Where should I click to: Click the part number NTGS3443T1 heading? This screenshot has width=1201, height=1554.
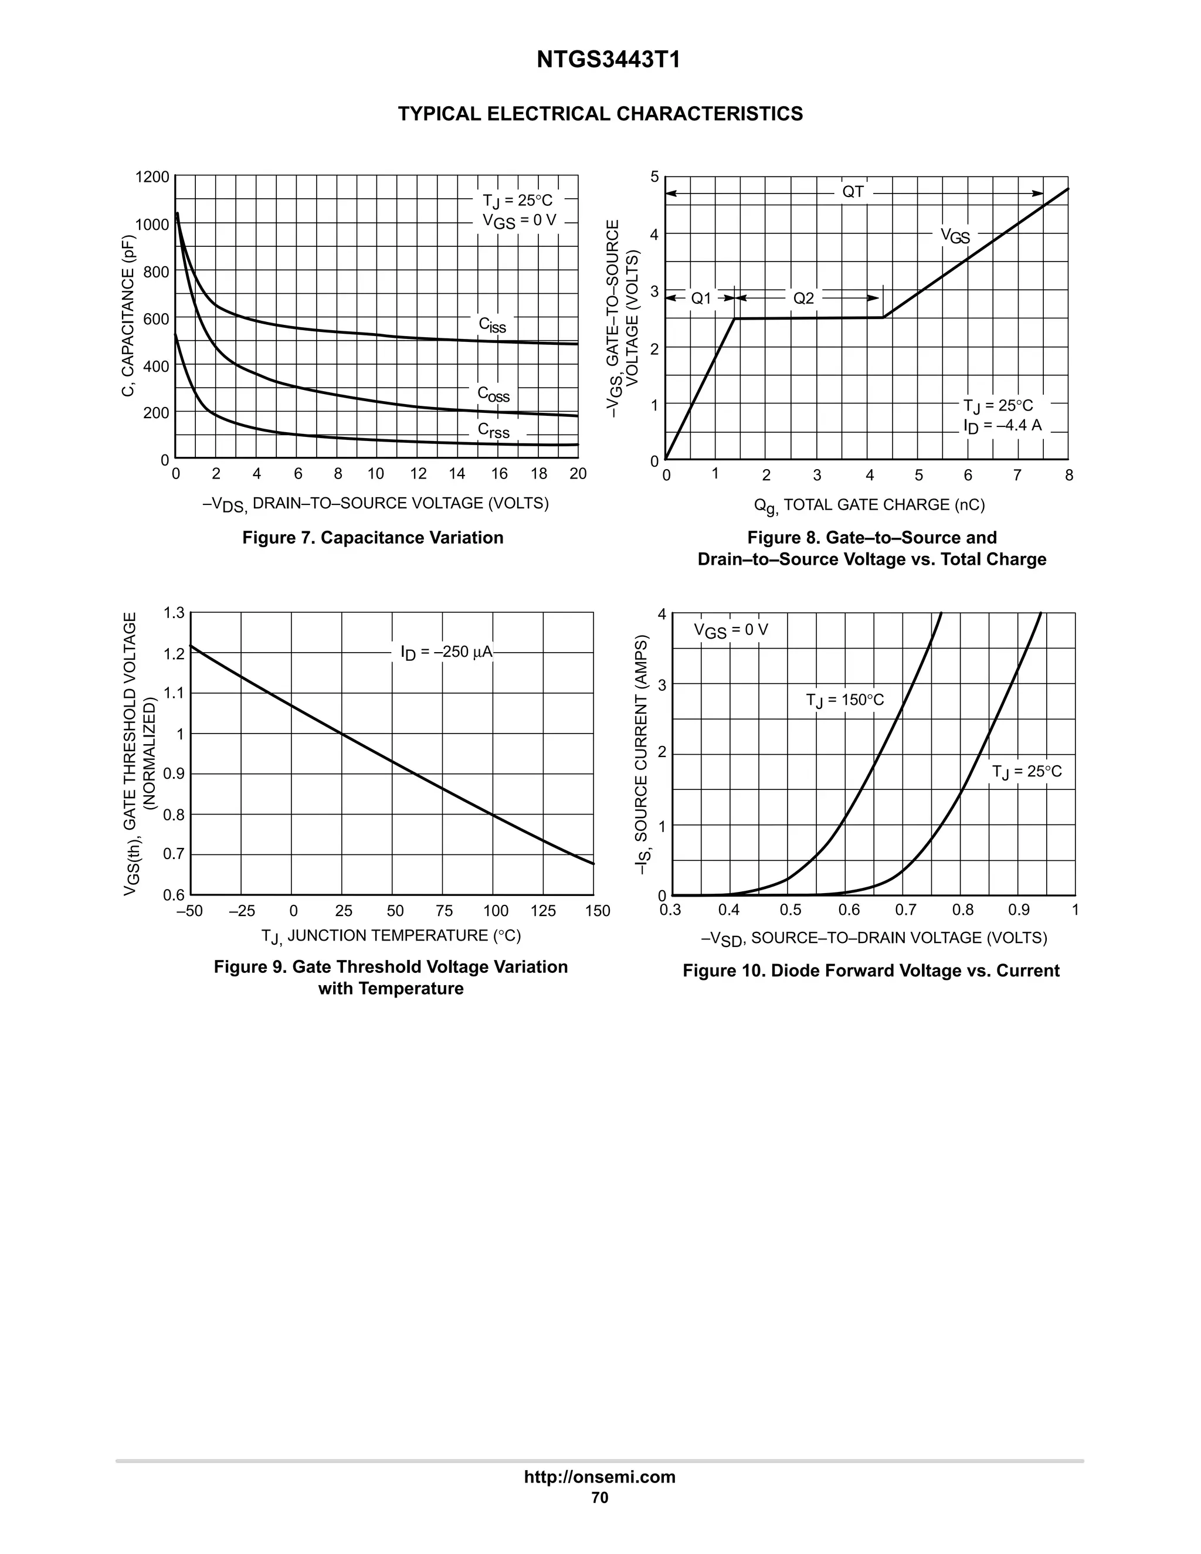608,60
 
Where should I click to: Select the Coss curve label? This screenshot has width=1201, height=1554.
493,394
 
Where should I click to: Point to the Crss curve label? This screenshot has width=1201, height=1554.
493,430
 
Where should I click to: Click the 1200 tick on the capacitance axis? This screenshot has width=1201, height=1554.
152,177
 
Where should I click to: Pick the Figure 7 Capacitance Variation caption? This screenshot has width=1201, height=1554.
372,538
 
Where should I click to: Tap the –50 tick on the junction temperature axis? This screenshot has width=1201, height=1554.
189,911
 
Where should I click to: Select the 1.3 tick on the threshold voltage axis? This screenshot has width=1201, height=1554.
174,613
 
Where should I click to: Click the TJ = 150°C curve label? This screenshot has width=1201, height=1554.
844,700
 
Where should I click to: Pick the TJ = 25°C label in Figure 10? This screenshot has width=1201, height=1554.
1026,772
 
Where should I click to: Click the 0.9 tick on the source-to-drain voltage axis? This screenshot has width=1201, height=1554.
1018,910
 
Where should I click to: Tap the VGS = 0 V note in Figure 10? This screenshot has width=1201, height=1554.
731,630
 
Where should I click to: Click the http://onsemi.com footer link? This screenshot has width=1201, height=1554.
600,1477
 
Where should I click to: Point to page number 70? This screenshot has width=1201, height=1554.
600,1498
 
